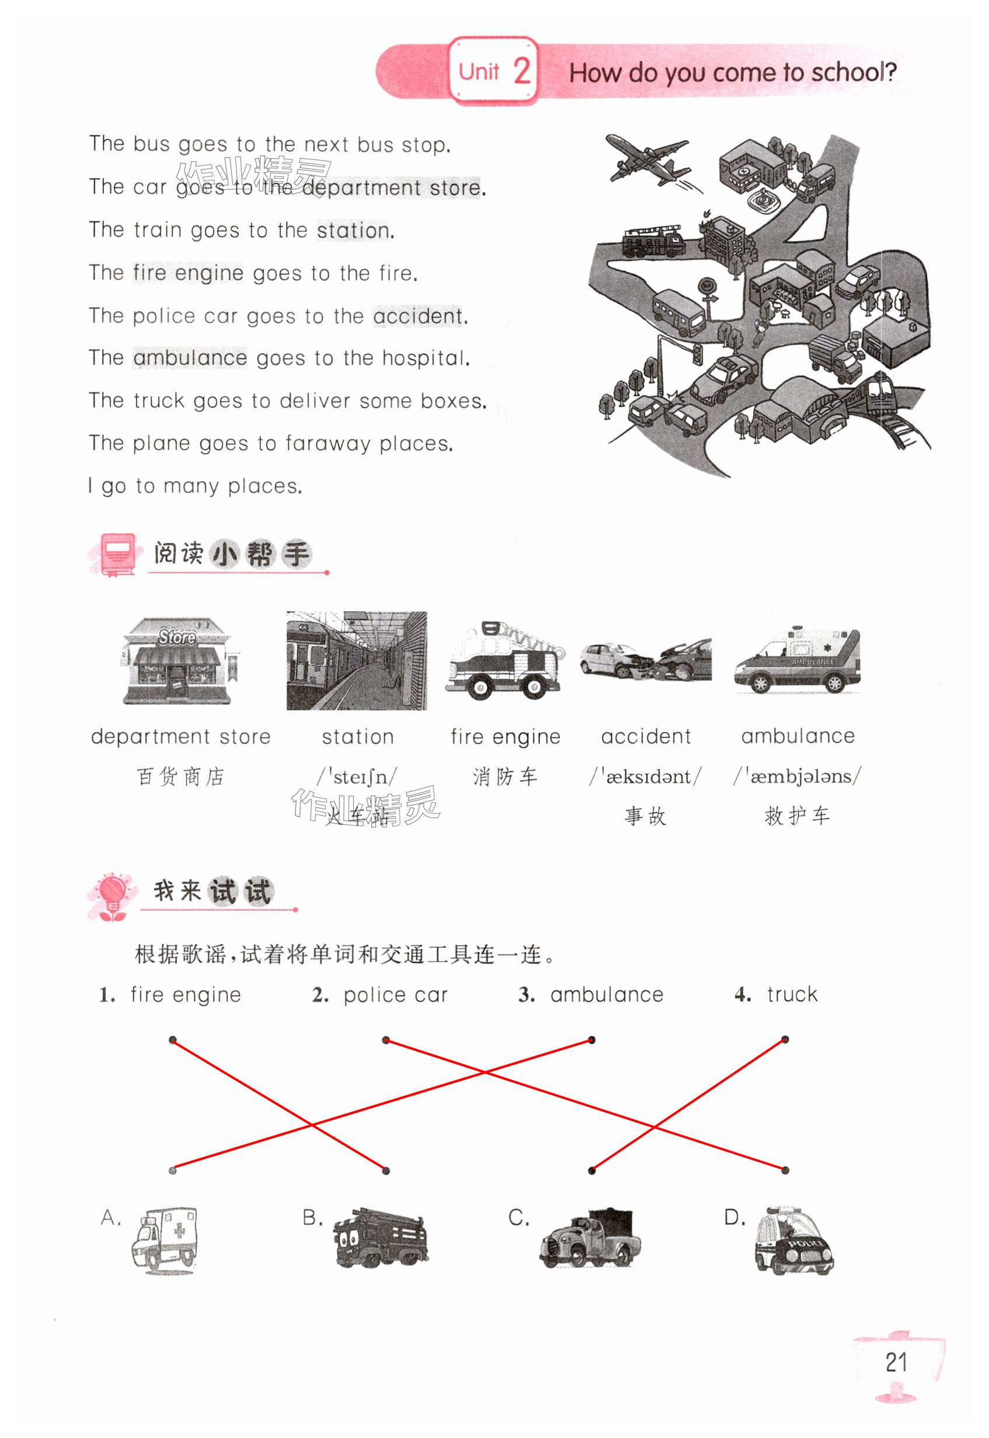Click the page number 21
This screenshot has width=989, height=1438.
896,1363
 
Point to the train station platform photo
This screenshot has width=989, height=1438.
356,660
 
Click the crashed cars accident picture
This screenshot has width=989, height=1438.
646,660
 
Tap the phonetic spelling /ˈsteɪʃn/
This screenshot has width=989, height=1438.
357,777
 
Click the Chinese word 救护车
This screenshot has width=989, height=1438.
797,816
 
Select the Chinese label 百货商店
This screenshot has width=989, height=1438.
180,777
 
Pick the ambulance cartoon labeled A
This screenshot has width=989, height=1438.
165,1239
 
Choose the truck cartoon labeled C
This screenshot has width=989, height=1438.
589,1238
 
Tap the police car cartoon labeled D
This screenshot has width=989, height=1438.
794,1239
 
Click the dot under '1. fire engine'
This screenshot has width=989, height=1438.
173,1040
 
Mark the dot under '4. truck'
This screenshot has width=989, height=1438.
785,1040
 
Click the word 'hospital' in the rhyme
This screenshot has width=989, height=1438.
425,358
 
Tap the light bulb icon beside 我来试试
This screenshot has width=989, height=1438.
113,895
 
